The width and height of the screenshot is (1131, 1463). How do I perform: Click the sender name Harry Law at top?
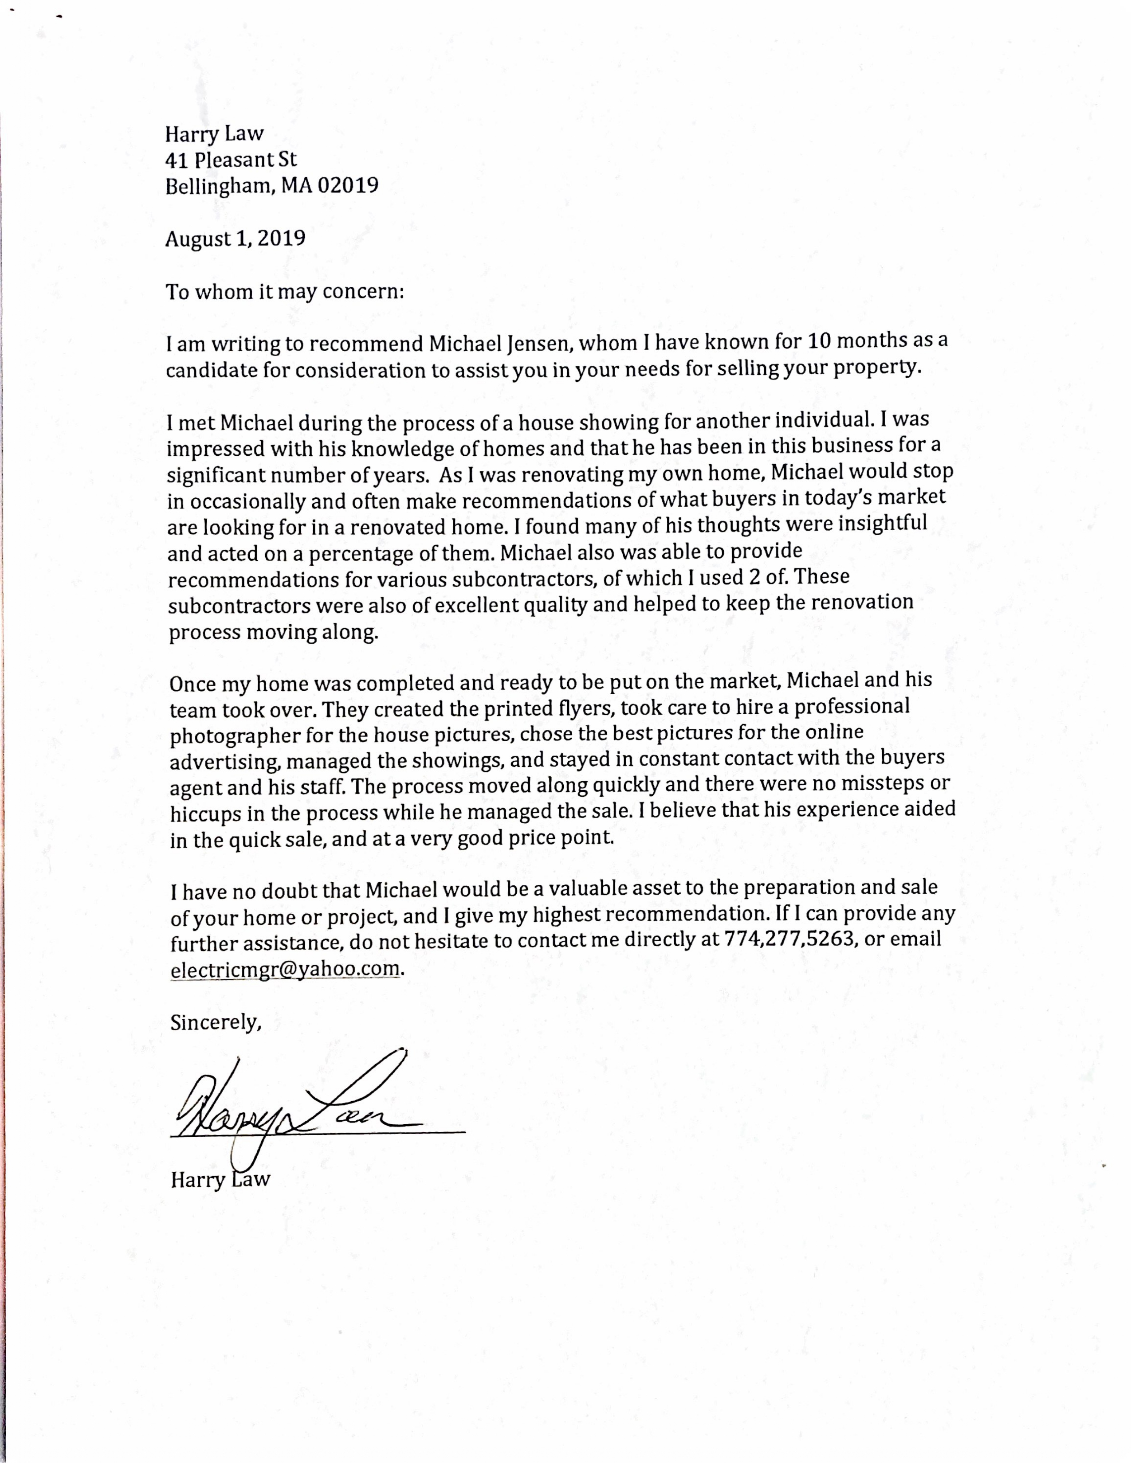click(214, 135)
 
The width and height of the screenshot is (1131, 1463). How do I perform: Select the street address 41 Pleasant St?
click(231, 160)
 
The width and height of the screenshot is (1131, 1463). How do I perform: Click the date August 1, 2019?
click(235, 239)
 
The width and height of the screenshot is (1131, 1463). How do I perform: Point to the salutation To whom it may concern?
click(285, 292)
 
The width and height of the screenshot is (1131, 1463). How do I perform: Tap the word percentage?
click(365, 554)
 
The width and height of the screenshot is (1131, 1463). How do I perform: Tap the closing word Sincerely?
click(214, 1023)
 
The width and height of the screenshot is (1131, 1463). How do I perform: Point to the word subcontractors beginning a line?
click(239, 606)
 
